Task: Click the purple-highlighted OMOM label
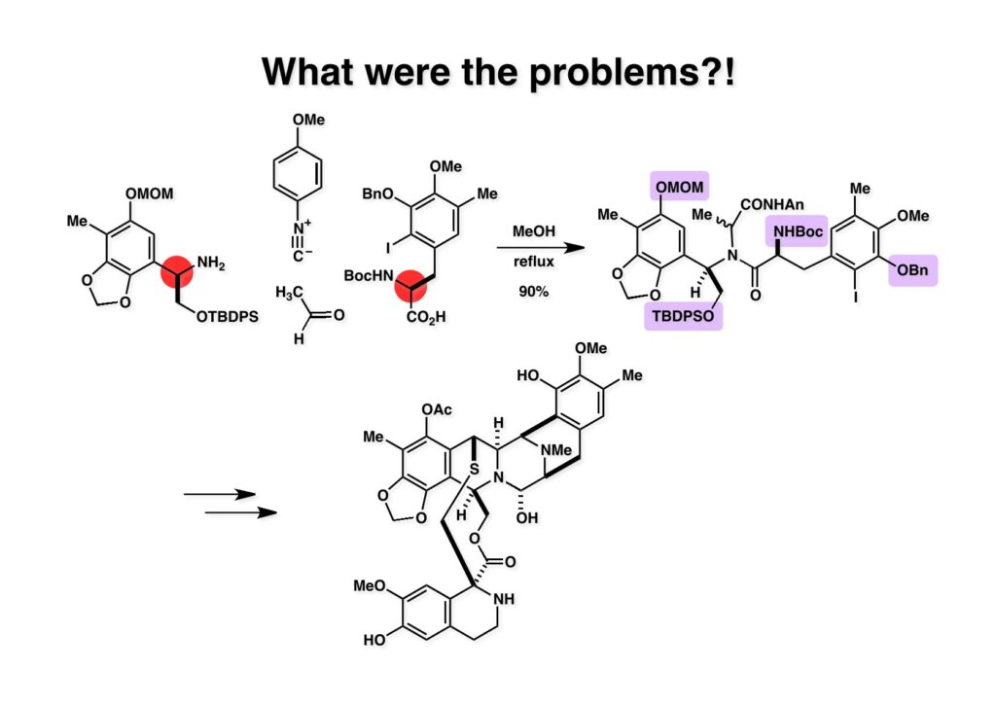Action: pos(680,185)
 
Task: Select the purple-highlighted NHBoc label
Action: pos(798,229)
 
